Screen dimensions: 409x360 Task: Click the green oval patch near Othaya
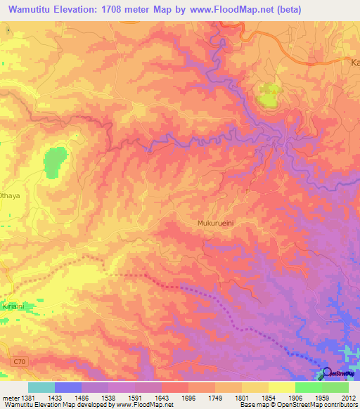pyautogui.click(x=55, y=164)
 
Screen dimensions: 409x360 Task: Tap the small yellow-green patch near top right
pyautogui.click(x=268, y=95)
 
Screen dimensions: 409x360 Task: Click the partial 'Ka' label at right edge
pyautogui.click(x=354, y=63)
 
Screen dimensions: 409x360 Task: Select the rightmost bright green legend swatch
pyautogui.click(x=335, y=387)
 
